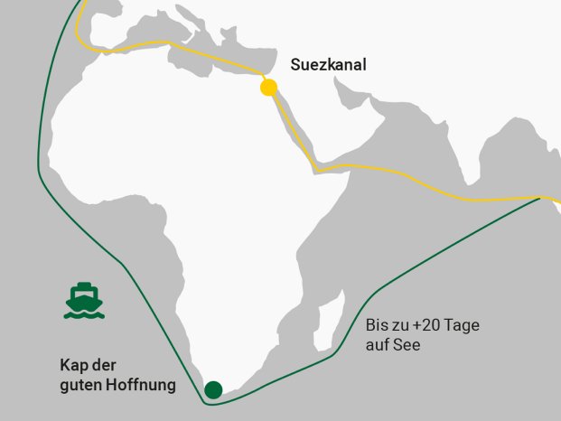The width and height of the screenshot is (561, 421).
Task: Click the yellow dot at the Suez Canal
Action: (268, 88)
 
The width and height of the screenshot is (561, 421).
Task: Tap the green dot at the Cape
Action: (213, 390)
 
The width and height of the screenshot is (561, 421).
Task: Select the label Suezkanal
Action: (328, 65)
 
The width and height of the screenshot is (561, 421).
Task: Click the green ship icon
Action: (82, 301)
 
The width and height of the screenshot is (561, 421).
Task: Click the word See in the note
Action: (407, 345)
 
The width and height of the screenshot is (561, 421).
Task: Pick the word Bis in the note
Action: (377, 326)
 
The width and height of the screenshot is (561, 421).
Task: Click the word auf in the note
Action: (378, 345)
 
